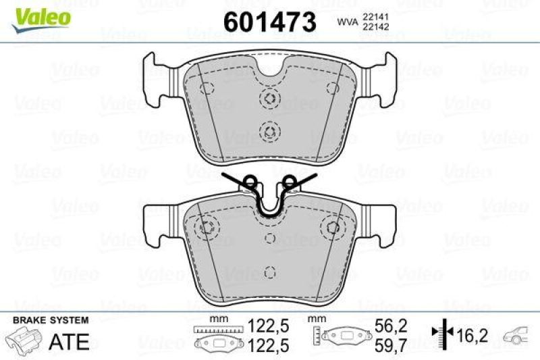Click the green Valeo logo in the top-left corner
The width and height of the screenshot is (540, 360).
(x=43, y=15)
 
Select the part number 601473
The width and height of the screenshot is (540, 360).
(x=269, y=23)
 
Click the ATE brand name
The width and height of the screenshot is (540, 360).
(x=69, y=341)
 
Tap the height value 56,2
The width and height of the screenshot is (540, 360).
(x=391, y=325)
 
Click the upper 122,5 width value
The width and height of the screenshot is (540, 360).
(x=269, y=325)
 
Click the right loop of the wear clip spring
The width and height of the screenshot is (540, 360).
(x=290, y=180)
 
